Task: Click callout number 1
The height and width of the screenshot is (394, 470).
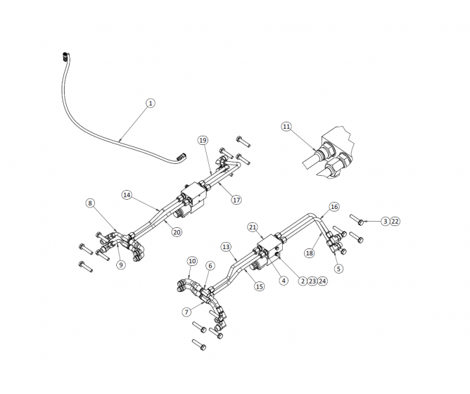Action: coord(150,103)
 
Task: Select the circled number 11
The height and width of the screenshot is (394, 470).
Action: coord(286,127)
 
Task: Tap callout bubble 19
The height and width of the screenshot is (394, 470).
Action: coord(203,140)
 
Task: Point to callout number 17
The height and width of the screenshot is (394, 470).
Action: coord(236,200)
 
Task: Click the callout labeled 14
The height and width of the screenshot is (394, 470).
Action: coord(127,195)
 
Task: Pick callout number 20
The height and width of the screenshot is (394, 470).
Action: coord(177,231)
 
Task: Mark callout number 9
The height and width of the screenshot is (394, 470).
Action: coord(121,265)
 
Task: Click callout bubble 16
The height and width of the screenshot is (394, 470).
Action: coord(334,207)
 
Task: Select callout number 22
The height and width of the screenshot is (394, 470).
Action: coord(395,221)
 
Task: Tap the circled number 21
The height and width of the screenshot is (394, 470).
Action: coord(253,227)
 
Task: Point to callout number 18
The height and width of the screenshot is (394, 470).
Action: coord(309,253)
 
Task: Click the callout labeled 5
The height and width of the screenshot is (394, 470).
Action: coord(338,268)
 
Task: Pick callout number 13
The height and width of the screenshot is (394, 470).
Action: coord(226,247)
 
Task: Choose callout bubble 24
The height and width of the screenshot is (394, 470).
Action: coord(322,281)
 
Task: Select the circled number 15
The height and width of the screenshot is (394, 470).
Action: coord(259,286)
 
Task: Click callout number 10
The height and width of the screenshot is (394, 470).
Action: coord(192,261)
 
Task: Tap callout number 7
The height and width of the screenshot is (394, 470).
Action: coord(187,312)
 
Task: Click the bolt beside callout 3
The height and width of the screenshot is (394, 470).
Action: coord(356,220)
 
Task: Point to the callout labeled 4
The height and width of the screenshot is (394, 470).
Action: coord(284,280)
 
